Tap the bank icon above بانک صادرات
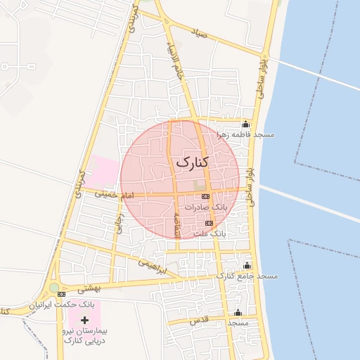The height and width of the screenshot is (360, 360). [x=205, y=196]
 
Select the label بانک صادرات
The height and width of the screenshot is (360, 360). [x=205, y=207]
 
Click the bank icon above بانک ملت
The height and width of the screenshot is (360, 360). [x=209, y=222]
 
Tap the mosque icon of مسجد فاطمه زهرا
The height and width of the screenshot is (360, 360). [x=245, y=124]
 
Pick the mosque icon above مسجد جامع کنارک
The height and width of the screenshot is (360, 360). [x=247, y=266]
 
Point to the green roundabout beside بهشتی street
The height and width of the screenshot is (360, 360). [x=54, y=288]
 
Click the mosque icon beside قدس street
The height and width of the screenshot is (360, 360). [x=238, y=313]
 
